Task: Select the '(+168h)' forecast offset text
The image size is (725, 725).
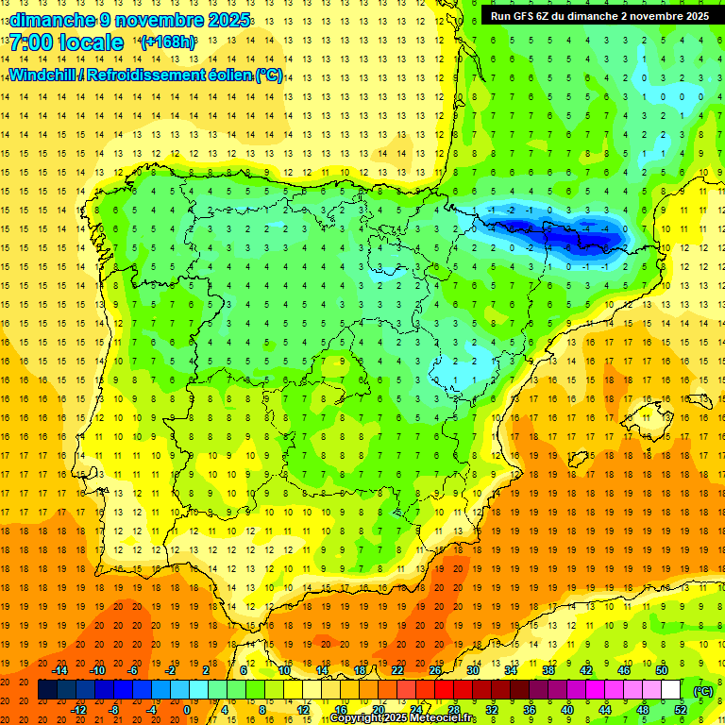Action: (168, 42)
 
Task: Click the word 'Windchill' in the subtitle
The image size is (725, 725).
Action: (43, 75)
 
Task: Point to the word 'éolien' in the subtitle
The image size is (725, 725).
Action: (226, 75)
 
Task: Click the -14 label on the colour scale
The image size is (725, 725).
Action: (61, 670)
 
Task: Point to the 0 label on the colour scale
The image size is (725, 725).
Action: (187, 710)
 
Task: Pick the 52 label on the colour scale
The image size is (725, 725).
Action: (680, 710)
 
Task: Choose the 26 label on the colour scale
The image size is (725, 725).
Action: (435, 670)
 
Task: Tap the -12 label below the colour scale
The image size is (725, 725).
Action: (79, 710)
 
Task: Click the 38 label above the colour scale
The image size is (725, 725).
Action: (548, 670)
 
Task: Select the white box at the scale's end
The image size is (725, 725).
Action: (670, 690)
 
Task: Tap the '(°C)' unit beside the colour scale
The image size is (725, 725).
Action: (702, 690)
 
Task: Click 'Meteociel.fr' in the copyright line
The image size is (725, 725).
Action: (445, 718)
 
